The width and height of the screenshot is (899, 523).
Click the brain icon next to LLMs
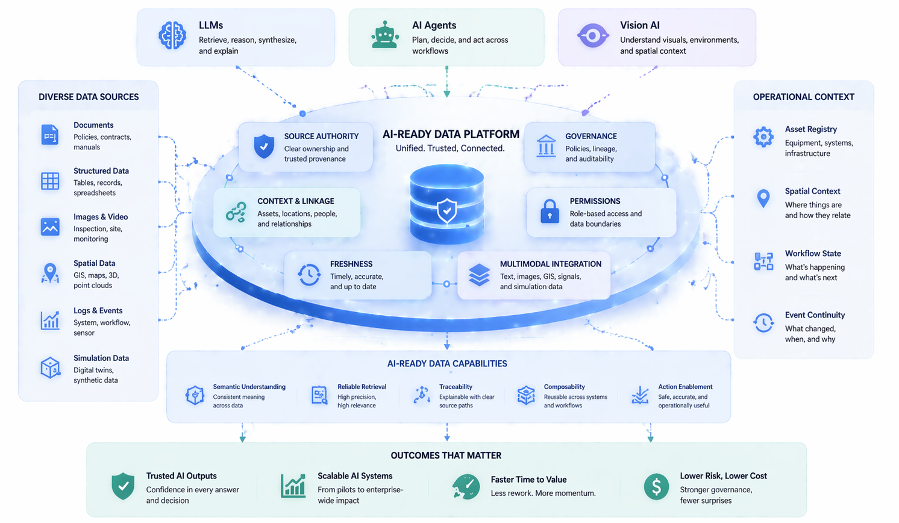point(172,36)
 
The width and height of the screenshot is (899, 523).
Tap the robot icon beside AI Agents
point(385,35)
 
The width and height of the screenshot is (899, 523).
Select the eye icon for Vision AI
point(592,36)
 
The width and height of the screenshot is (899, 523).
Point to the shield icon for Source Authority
point(264,146)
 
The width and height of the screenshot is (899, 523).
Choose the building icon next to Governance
point(546,146)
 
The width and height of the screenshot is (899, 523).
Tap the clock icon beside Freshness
point(309,275)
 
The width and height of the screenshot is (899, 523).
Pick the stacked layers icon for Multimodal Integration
point(479,275)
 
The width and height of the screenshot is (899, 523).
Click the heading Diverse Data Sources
point(89,97)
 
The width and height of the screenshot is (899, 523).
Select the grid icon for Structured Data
point(50,181)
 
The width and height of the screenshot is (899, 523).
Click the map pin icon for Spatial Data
point(50,273)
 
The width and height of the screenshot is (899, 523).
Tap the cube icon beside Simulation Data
point(50,368)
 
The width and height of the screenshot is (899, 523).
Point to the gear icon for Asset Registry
point(763,137)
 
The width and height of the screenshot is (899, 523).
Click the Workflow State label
point(813,254)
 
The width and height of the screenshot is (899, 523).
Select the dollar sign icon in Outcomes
point(656,486)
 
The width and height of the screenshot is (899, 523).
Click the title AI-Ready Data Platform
point(451,134)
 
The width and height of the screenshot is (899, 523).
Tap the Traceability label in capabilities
point(456,387)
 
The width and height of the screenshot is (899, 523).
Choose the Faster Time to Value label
point(528,480)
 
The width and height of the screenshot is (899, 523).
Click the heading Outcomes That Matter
point(446,456)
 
